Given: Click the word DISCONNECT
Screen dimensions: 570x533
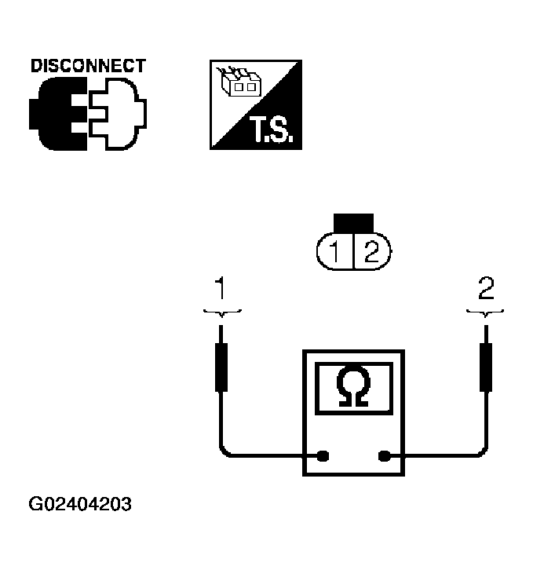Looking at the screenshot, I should click(x=88, y=65).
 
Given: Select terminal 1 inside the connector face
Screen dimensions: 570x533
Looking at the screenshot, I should click(x=335, y=252).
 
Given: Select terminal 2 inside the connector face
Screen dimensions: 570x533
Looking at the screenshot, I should click(x=371, y=252).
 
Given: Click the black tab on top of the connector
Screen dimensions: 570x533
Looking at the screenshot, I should click(x=353, y=223).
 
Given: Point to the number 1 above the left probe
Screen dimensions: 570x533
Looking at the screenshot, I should click(x=222, y=290).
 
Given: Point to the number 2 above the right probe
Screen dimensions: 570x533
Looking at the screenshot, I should click(x=487, y=290).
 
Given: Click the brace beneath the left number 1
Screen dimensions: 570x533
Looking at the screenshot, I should click(x=222, y=312).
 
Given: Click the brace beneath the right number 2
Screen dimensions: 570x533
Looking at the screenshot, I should click(x=487, y=312).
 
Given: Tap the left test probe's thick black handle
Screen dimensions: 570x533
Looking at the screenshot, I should click(x=222, y=367).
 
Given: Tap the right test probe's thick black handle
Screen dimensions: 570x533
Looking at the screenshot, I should click(x=487, y=367).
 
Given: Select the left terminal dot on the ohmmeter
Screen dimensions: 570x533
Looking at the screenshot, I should click(x=322, y=455).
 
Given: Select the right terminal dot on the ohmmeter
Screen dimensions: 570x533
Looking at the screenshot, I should click(x=385, y=455).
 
